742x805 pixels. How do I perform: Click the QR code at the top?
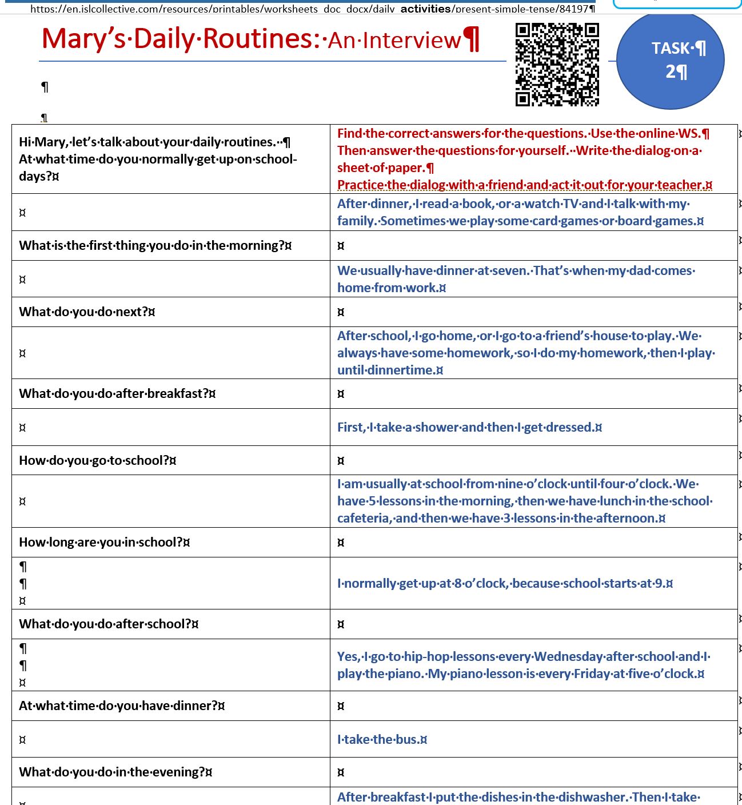point(557,65)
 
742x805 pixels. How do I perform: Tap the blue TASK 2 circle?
point(671,61)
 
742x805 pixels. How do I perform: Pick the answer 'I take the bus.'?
point(382,739)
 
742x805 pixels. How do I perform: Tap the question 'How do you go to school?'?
point(97,460)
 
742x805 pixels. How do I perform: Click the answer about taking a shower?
point(469,427)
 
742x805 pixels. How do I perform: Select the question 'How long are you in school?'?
point(104,542)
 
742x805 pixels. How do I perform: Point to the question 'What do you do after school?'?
point(109,624)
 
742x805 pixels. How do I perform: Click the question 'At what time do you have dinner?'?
point(121,706)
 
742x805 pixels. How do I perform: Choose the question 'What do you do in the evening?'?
point(115,772)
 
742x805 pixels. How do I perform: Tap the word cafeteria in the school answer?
point(364,518)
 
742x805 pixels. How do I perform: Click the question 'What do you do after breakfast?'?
point(117,393)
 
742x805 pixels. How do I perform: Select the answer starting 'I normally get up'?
point(505,583)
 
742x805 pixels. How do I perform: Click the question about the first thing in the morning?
point(155,245)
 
